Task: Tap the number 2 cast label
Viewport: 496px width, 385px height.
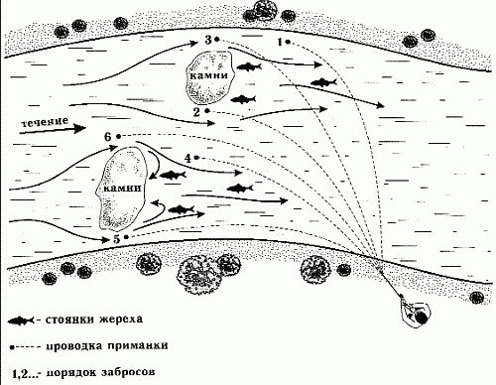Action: coord(196,112)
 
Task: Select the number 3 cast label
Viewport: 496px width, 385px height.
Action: coord(208,39)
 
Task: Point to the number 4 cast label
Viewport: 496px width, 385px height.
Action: coord(187,158)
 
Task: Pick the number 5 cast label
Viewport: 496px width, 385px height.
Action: coord(117,239)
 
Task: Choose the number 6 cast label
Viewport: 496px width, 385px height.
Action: coord(107,135)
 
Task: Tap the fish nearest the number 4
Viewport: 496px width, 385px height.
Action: coord(174,176)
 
